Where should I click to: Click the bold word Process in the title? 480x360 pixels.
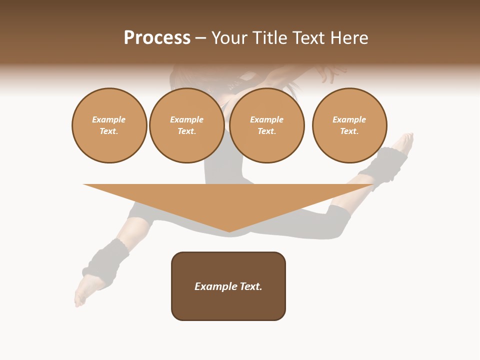click(x=157, y=38)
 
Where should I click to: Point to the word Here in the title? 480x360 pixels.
click(x=348, y=38)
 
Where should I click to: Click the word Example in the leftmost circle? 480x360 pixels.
click(x=109, y=119)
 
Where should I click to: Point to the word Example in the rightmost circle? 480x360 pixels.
click(x=349, y=119)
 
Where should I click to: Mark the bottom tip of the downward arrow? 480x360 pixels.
click(x=229, y=231)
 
